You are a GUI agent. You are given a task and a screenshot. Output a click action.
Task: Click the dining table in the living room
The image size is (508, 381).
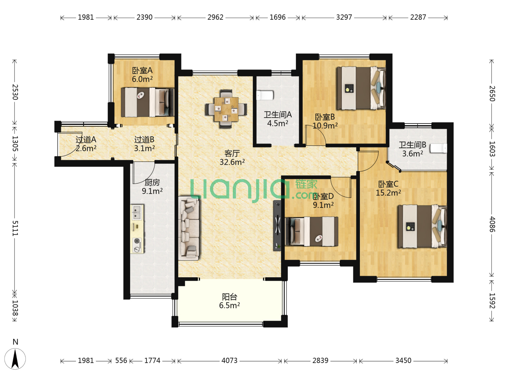226,109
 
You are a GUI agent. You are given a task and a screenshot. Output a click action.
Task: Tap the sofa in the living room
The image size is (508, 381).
189,229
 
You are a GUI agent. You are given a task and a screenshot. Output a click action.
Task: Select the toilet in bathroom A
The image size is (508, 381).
265,95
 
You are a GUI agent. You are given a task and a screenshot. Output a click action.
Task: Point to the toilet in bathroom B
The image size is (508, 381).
439,148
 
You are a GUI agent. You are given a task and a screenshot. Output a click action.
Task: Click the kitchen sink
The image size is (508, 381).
137,212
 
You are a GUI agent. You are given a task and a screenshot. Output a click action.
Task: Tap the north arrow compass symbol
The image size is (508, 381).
15,358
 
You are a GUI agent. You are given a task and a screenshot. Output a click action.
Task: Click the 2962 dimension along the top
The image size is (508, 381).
215,17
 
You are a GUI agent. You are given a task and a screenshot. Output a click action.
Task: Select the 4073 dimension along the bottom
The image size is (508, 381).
229,361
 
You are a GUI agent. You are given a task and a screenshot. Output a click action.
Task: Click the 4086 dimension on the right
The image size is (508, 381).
492,224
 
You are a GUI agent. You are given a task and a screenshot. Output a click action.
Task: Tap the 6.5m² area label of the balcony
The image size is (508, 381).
229,306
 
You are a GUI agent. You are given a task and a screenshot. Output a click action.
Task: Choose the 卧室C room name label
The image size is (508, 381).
388,184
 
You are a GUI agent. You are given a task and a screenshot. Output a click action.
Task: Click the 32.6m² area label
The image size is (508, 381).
232,162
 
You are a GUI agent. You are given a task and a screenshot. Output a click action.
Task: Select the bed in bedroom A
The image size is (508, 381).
148,102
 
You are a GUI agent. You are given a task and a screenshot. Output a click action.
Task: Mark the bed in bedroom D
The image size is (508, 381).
312,231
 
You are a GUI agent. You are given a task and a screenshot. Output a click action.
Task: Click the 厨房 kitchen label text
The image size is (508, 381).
152,182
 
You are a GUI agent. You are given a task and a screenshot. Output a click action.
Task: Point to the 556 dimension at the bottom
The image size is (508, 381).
121,361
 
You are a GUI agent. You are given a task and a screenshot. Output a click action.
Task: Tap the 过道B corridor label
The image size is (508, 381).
144,139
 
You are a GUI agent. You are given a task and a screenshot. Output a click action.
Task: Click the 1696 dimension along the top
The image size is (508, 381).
278,17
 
